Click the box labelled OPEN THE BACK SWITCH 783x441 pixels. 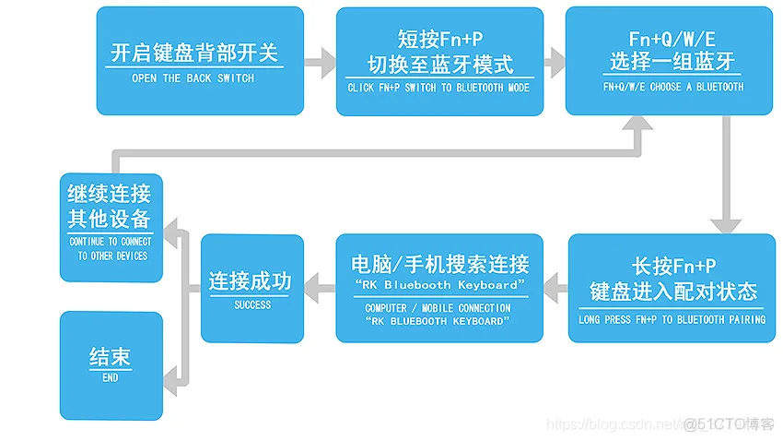coord(199,61)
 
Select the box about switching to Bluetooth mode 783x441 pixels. coord(440,61)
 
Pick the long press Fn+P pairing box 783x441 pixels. coord(672,288)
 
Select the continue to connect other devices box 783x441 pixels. coord(111,227)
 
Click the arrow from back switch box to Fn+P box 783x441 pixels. coord(320,62)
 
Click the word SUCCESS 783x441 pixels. coord(252,304)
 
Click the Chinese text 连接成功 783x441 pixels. coord(251,280)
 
